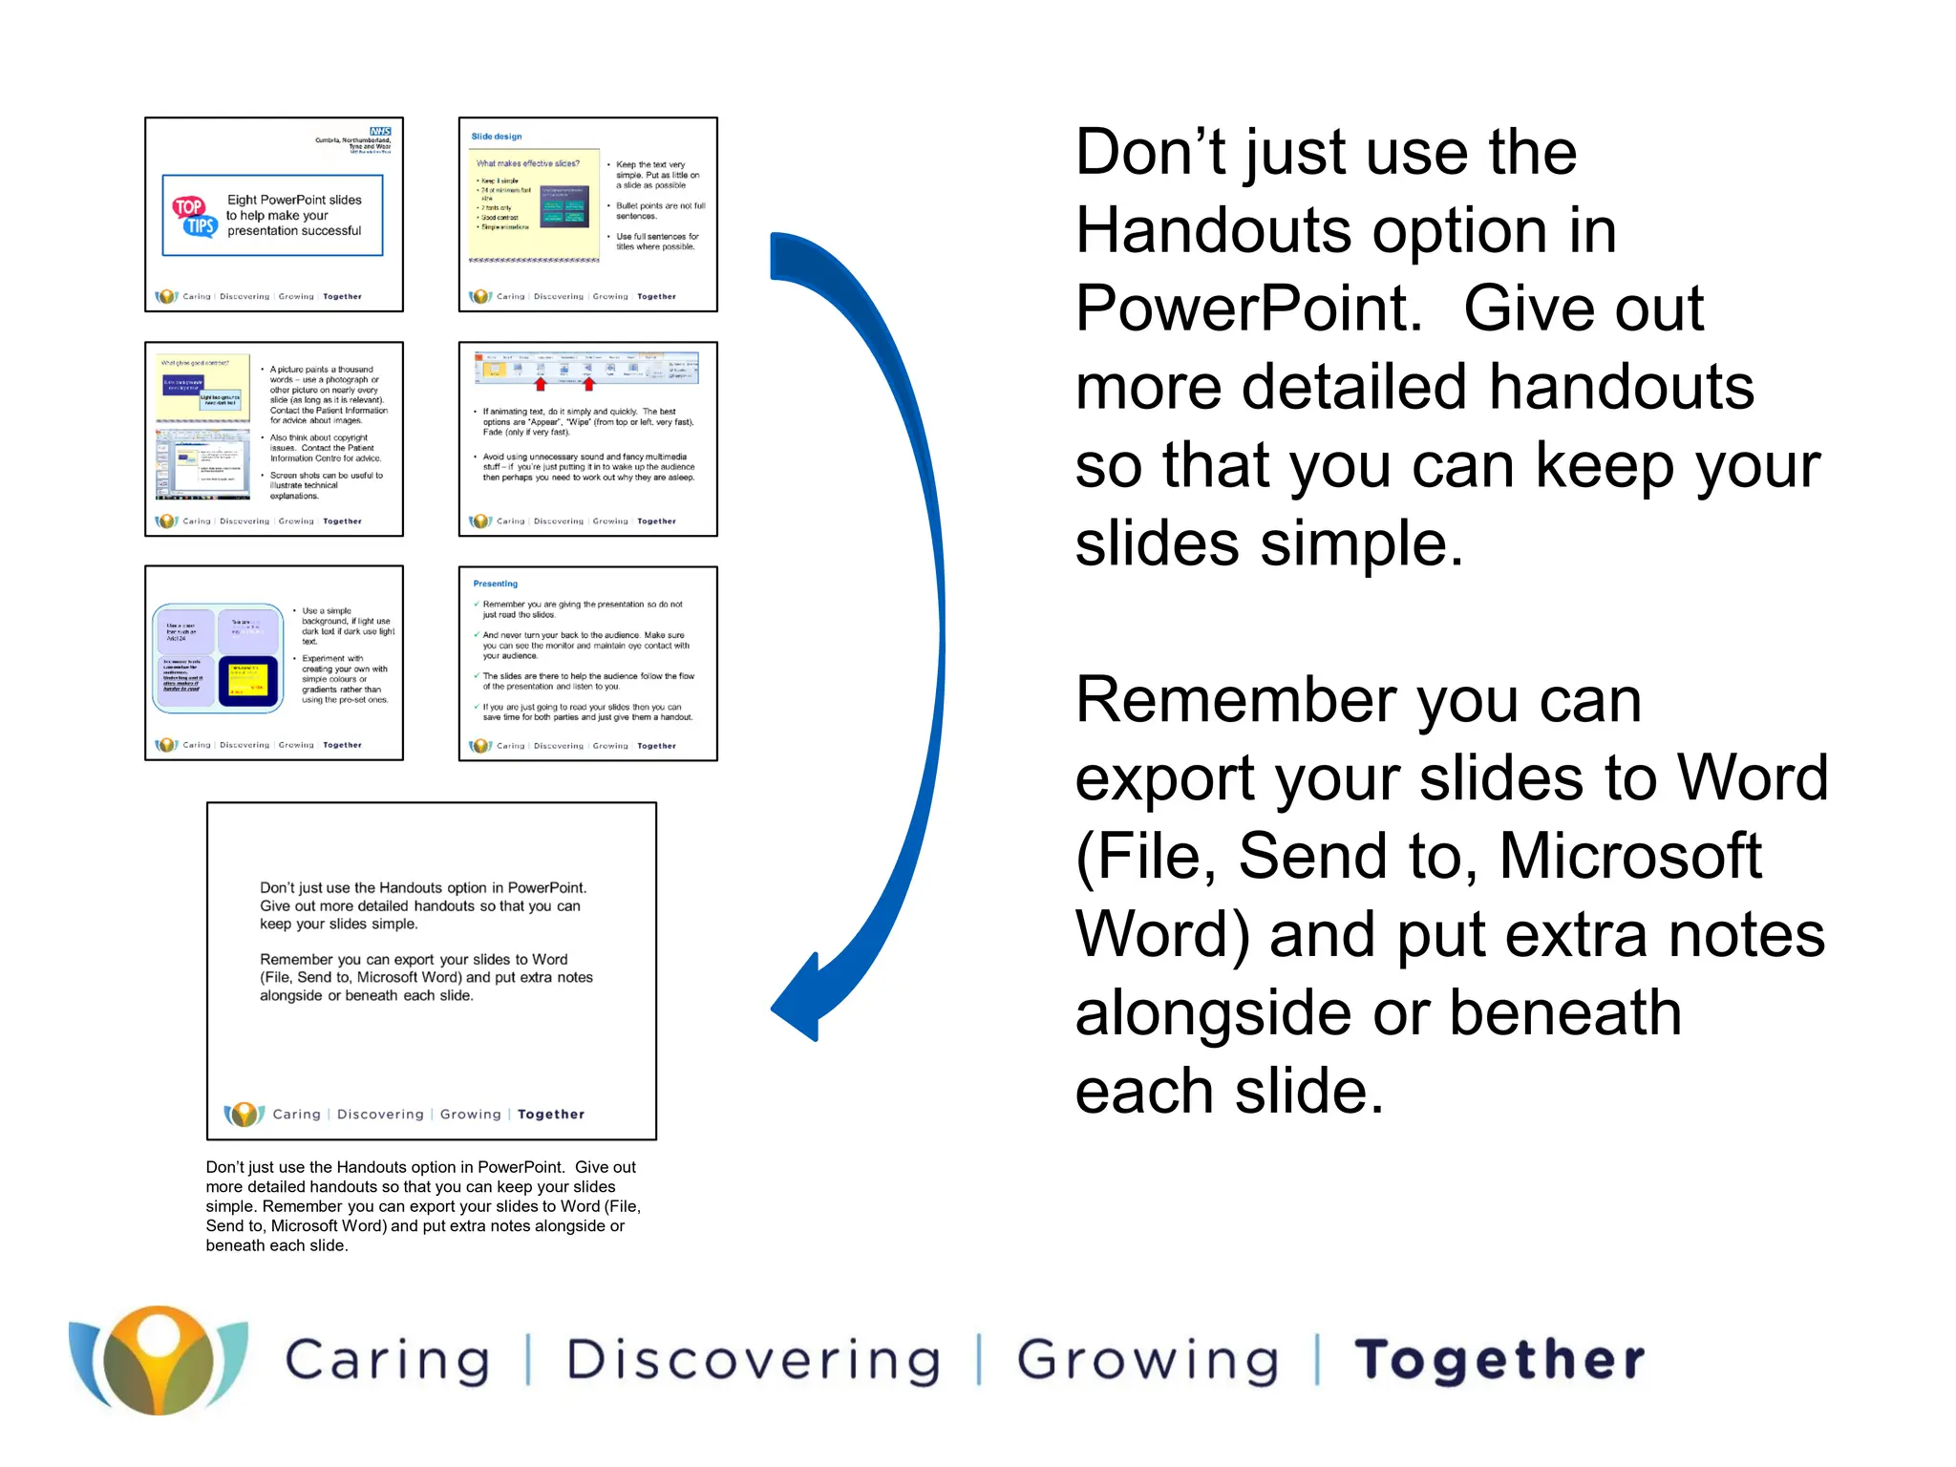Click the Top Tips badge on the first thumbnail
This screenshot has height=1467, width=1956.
pyautogui.click(x=194, y=217)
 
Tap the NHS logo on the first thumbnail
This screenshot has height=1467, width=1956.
pyautogui.click(x=380, y=132)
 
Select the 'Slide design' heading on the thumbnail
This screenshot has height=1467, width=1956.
pyautogui.click(x=497, y=137)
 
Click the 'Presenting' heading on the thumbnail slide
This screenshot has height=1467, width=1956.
pyautogui.click(x=496, y=584)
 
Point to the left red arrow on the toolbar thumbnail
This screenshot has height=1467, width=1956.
pyautogui.click(x=541, y=384)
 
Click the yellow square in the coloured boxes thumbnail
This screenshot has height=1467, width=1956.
pyautogui.click(x=247, y=681)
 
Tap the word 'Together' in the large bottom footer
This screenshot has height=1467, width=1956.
pyautogui.click(x=1499, y=1360)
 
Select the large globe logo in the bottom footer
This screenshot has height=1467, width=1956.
pyautogui.click(x=159, y=1360)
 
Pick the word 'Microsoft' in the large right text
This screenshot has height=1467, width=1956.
pyautogui.click(x=1629, y=856)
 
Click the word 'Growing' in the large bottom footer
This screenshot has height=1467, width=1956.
pyautogui.click(x=1147, y=1360)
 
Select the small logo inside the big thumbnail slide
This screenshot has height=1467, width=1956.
pyautogui.click(x=244, y=1114)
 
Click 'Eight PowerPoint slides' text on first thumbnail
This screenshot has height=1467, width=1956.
pyautogui.click(x=294, y=200)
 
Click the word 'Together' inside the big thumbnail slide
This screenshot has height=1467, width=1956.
pyautogui.click(x=551, y=1115)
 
